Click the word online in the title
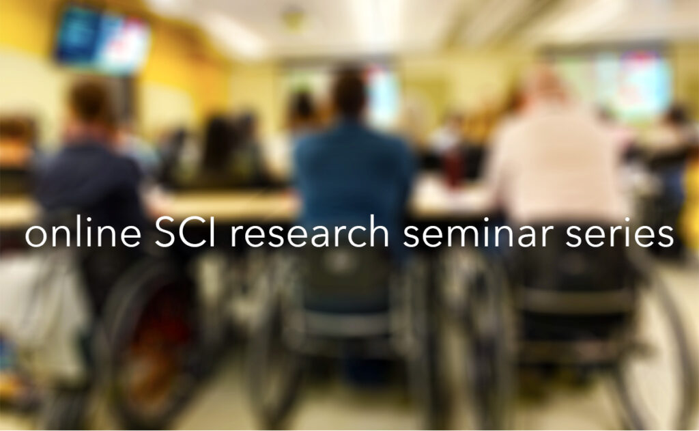pos(83,232)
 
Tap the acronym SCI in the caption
pos(185,232)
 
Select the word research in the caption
pos(310,232)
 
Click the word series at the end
pos(620,233)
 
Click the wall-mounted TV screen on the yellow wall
pos(102,41)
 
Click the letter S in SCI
pos(166,233)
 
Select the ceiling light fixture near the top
pos(292,18)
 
